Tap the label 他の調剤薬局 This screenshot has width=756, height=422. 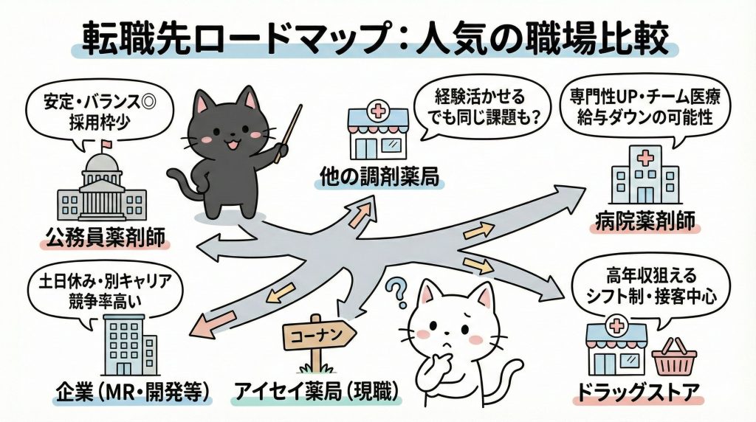[x=380, y=177]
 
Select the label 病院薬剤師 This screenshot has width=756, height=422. [x=645, y=221]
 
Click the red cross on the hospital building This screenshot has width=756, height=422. [x=644, y=158]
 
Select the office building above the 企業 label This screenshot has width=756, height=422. [x=129, y=345]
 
